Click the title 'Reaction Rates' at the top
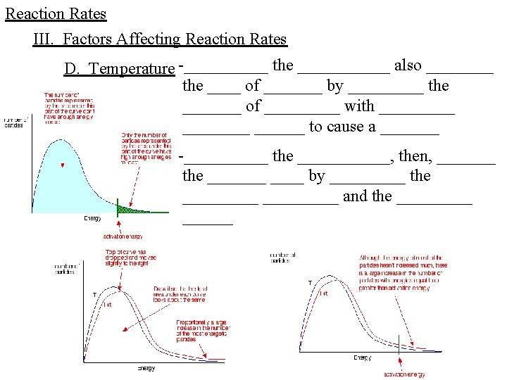pyautogui.click(x=56, y=14)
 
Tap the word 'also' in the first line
pyautogui.click(x=408, y=65)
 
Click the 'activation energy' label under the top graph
pyautogui.click(x=122, y=237)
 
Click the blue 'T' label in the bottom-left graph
pyautogui.click(x=94, y=294)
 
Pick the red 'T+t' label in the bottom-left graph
pyautogui.click(x=108, y=304)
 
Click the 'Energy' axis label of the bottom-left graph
pyautogui.click(x=146, y=368)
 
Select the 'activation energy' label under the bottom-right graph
pyautogui.click(x=403, y=374)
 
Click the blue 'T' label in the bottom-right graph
pyautogui.click(x=310, y=283)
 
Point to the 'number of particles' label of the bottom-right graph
pyautogui.click(x=282, y=257)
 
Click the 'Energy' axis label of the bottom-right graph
pyautogui.click(x=362, y=358)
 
